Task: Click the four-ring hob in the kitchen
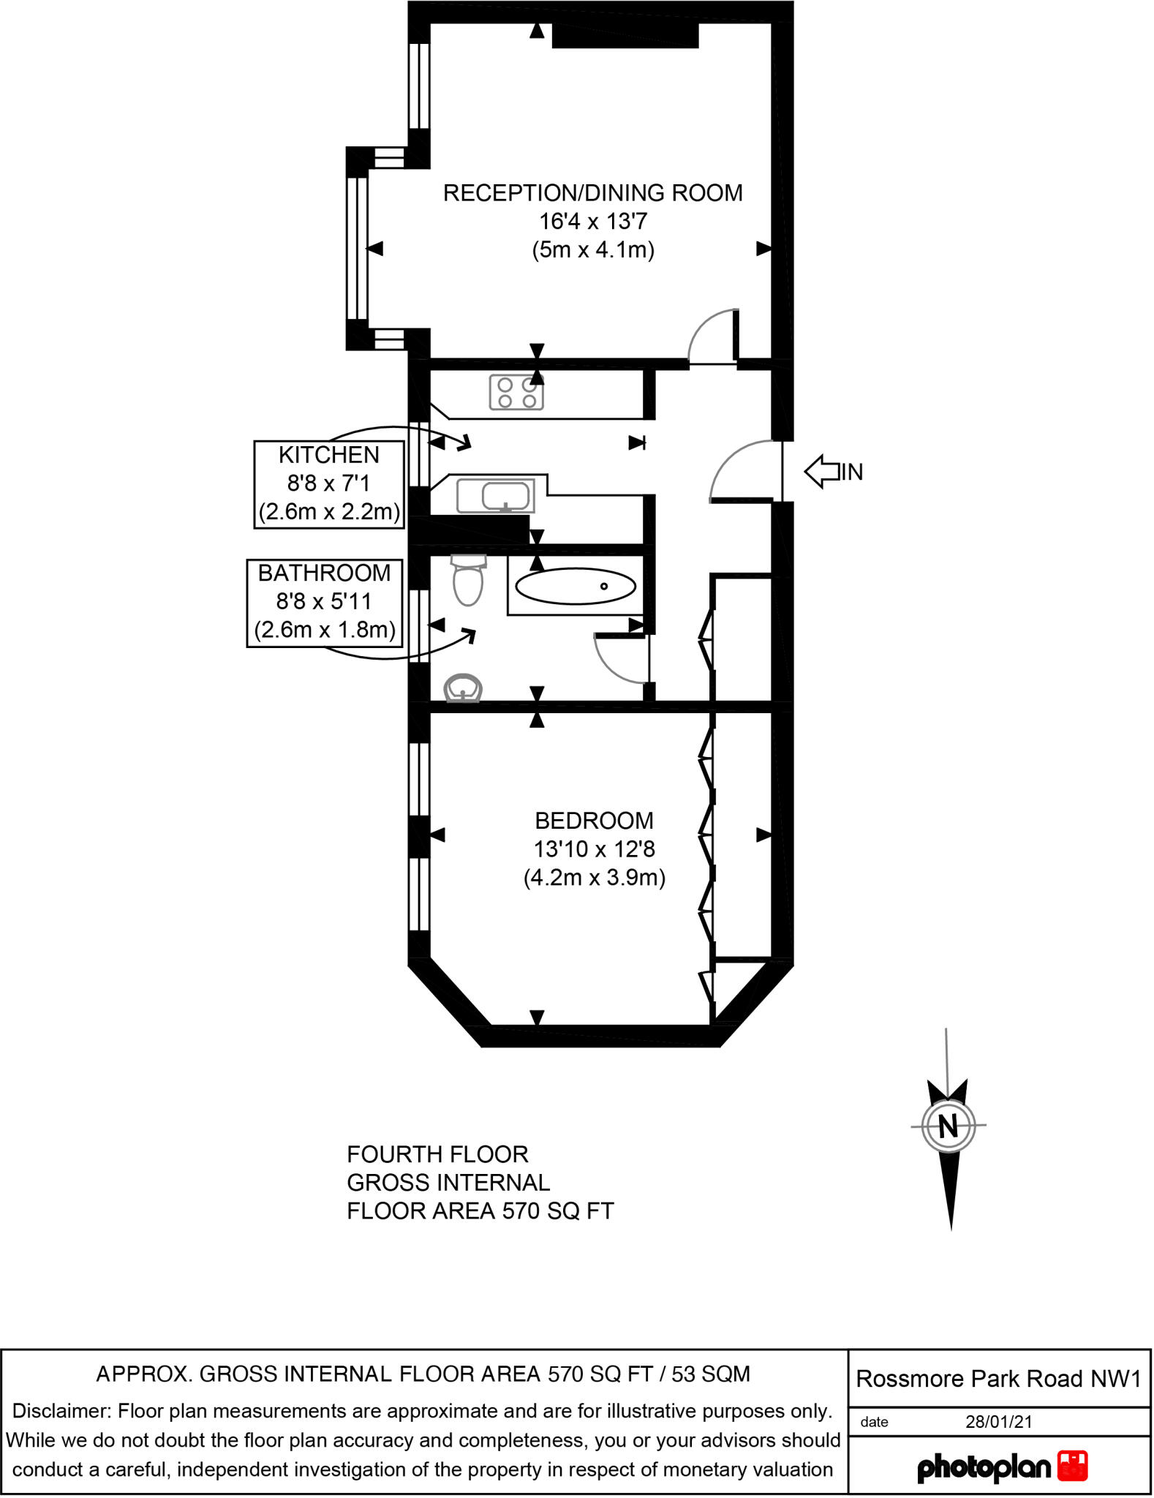(516, 392)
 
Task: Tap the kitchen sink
(496, 496)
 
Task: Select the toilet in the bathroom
(468, 580)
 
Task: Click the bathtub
(576, 586)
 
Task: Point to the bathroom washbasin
(463, 688)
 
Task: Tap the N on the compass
(948, 1125)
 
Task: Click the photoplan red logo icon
(1073, 1467)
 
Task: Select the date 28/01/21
(999, 1422)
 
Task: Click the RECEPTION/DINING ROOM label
(593, 193)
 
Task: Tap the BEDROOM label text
(594, 821)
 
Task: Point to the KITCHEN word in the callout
(329, 455)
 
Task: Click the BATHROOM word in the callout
(325, 573)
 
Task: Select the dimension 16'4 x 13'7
(593, 221)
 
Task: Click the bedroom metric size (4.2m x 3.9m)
(595, 877)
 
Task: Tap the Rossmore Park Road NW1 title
(999, 1379)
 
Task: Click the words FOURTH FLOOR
(437, 1154)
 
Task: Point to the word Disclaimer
(63, 1411)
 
